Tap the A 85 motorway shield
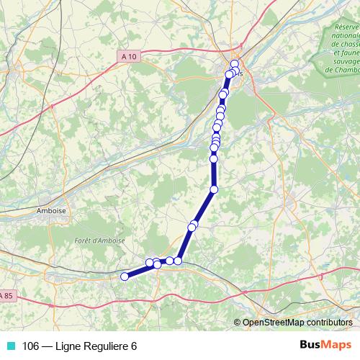coord(6,295)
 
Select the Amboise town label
coord(50,212)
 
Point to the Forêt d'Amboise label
coord(99,240)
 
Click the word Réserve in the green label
coord(346,27)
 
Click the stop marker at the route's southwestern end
coord(125,276)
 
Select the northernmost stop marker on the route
coord(234,64)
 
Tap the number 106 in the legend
coord(30,346)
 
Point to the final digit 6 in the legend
coord(134,346)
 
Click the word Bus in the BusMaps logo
coord(310,345)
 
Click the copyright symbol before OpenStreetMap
coord(238,322)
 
